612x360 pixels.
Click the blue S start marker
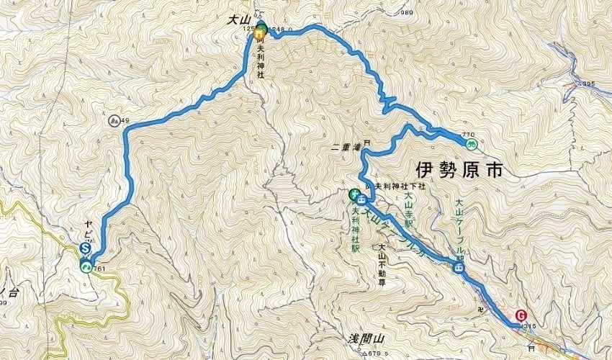85,249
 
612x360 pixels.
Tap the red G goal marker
521,315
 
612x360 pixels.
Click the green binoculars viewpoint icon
472,144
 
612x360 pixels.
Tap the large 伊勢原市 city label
458,169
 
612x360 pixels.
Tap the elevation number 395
588,84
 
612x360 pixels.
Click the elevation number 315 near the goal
530,326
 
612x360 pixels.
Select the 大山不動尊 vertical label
382,263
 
